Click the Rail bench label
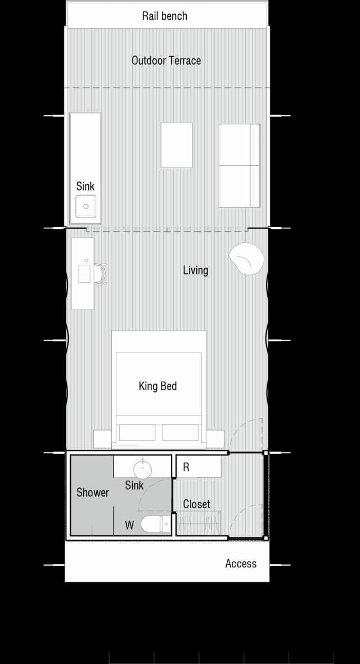click(164, 16)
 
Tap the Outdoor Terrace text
click(166, 60)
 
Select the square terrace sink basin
click(86, 206)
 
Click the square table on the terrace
click(177, 145)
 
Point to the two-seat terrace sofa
click(240, 165)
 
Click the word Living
click(195, 270)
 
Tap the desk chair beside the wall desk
click(100, 274)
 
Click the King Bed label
click(157, 386)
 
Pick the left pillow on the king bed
click(137, 432)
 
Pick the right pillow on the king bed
click(181, 432)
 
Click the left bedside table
click(102, 439)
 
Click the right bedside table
click(215, 439)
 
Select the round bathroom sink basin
click(143, 467)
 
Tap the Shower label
click(93, 493)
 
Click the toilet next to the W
click(155, 525)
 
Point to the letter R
click(186, 467)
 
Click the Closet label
click(196, 504)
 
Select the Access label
click(241, 563)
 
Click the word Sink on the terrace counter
click(85, 186)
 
